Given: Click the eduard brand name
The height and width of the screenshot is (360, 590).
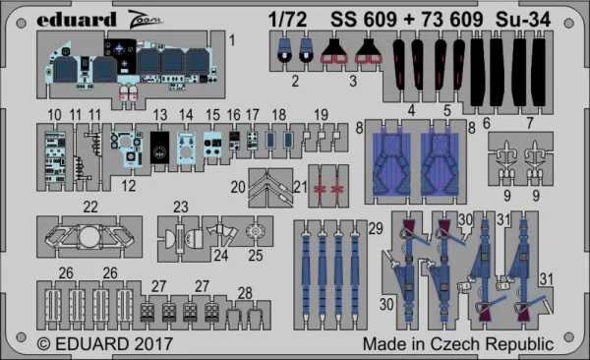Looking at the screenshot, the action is [77, 20].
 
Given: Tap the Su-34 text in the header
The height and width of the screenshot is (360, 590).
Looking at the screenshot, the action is [523, 20].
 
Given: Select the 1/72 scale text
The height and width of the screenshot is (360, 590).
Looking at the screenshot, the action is [288, 20].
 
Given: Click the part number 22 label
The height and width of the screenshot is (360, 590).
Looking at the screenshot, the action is [90, 207].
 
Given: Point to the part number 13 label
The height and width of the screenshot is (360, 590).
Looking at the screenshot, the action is [160, 115].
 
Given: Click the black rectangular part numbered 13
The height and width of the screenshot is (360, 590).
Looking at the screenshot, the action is [159, 148].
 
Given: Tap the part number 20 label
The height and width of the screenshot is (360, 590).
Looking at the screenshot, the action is [238, 187].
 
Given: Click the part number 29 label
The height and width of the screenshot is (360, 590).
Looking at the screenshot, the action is [376, 228].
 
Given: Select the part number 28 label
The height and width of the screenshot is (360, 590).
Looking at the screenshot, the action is [245, 293].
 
